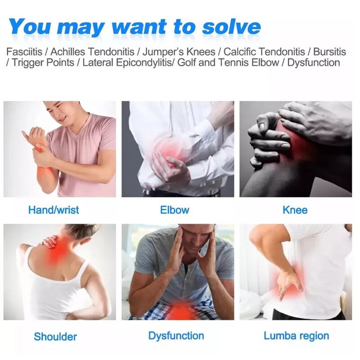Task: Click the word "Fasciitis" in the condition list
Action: click(27, 51)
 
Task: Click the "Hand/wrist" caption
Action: click(54, 210)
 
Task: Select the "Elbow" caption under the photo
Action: click(175, 210)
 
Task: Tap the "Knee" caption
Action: click(295, 210)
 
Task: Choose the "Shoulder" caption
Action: click(55, 336)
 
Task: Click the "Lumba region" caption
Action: click(296, 336)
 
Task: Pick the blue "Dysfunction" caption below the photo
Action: click(176, 336)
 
